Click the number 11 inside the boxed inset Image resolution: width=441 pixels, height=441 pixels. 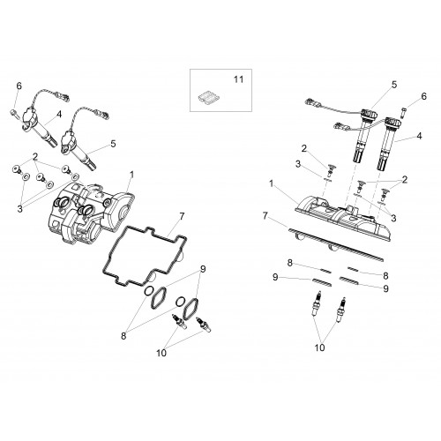238,79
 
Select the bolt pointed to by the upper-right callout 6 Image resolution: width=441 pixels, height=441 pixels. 403,113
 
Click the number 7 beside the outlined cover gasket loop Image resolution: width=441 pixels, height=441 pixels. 182,217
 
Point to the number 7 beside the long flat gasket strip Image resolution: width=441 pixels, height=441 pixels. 265,216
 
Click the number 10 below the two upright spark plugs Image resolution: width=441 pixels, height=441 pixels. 319,348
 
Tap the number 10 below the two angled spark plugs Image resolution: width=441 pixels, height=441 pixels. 161,353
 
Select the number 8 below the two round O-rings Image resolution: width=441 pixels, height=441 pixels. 123,336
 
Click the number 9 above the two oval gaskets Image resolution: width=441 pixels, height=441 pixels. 203,269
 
